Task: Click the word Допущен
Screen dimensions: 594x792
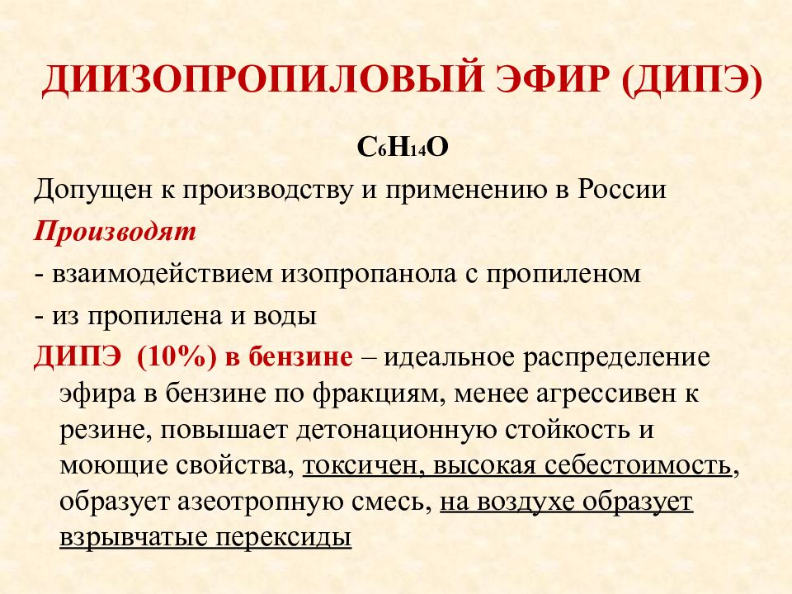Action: (85, 190)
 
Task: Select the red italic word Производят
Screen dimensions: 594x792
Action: (115, 232)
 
